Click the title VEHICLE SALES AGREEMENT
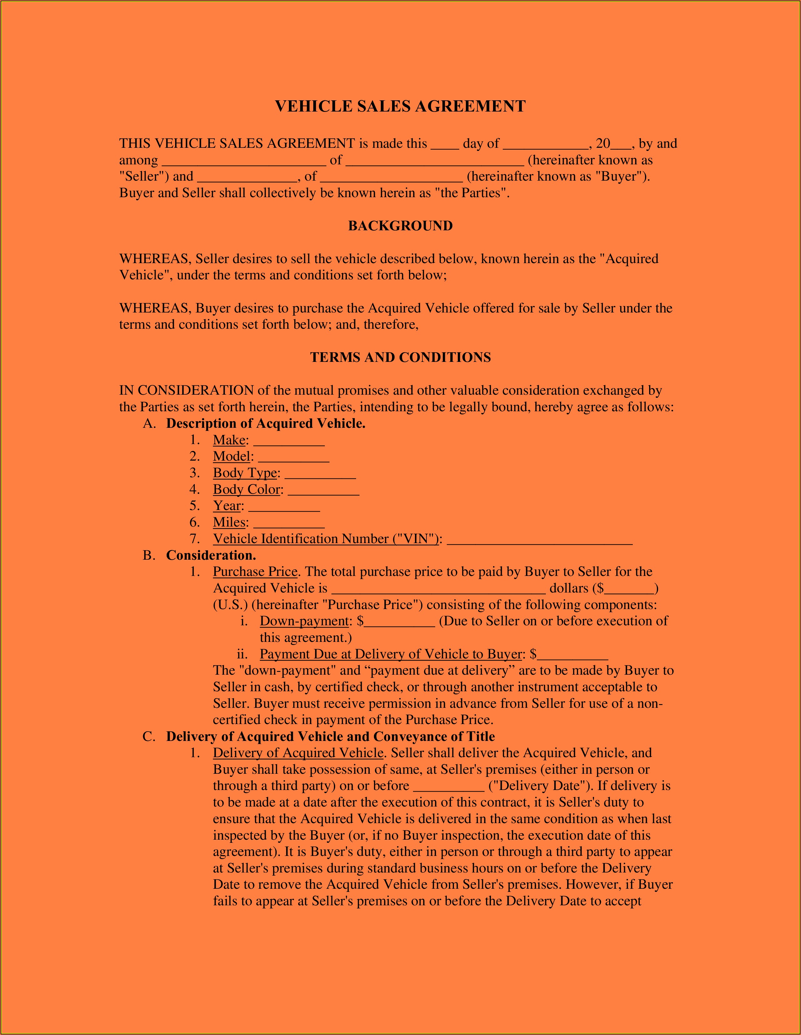click(400, 106)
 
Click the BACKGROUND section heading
click(400, 226)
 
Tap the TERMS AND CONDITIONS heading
click(400, 357)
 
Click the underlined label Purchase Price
click(255, 572)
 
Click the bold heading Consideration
click(211, 555)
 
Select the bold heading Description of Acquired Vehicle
click(265, 424)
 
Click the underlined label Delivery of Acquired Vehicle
click(298, 753)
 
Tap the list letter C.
click(148, 737)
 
